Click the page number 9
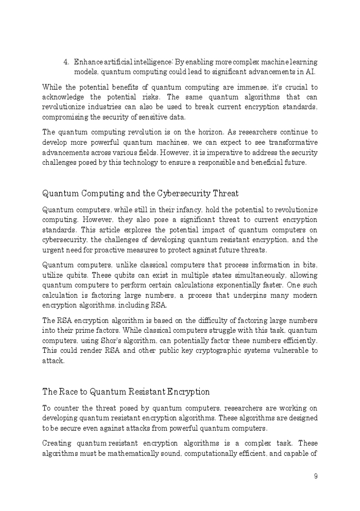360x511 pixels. [316, 476]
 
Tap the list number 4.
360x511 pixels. [66, 62]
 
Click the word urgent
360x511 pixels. [52, 250]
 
